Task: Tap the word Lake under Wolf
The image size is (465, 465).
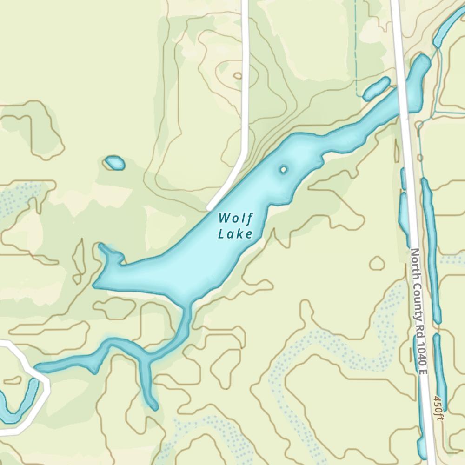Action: point(235,233)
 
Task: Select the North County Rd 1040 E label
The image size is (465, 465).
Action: point(418,311)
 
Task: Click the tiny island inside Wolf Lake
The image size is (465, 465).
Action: point(283,170)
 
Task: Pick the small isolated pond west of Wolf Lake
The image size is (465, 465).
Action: point(114,163)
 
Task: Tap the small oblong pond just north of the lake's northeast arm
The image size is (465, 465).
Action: point(376,89)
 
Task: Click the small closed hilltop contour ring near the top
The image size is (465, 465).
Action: point(238,75)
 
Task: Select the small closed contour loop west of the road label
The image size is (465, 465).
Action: point(377,264)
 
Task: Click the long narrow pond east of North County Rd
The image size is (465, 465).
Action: point(431,251)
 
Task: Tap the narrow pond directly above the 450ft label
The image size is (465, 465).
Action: point(439,367)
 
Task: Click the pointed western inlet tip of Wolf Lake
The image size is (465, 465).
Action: point(102,246)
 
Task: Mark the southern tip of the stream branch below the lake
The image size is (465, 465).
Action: point(155,407)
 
